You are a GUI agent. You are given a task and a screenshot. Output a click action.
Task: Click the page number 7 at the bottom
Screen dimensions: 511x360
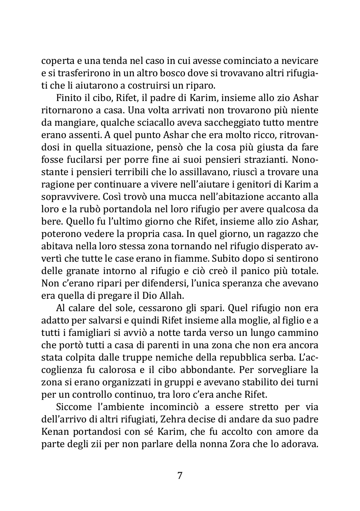pyautogui.click(x=180, y=475)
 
